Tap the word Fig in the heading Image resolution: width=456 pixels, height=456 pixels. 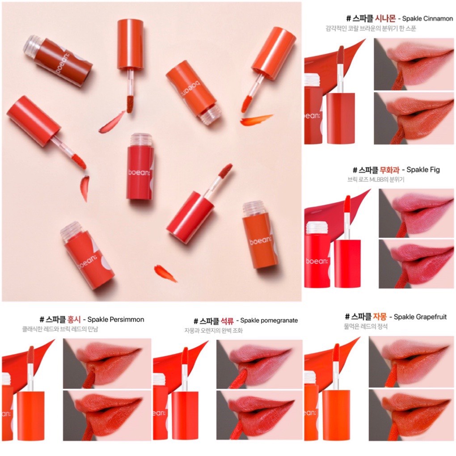click(434, 169)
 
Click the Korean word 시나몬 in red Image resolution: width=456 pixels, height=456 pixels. click(385, 18)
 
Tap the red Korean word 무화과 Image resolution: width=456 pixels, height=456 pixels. click(390, 169)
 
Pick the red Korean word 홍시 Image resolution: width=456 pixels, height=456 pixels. click(74, 319)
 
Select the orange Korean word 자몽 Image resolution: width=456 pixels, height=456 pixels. click(380, 317)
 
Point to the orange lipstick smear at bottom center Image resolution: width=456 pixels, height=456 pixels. click(165, 273)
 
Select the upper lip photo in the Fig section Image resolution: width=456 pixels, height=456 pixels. click(416, 213)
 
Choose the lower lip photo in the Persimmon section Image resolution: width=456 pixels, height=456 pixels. click(107, 415)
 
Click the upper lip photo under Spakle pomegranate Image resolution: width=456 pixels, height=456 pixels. click(259, 364)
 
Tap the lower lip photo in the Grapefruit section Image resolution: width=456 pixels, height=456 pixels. click(411, 415)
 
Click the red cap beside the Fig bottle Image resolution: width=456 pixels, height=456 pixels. click(347, 263)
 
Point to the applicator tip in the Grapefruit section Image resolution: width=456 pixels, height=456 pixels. click(336, 353)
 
